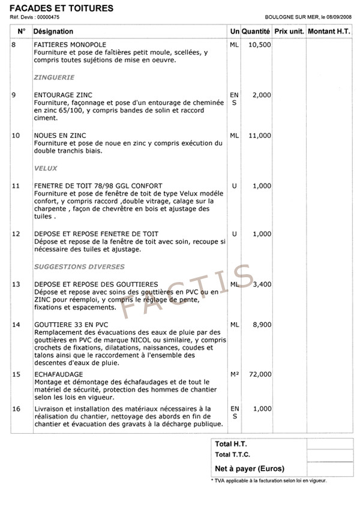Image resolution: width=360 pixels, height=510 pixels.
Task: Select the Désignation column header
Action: (53, 31)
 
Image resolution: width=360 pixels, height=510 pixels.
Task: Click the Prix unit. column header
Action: (289, 31)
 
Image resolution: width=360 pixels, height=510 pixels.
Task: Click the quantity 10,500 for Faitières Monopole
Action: (259, 45)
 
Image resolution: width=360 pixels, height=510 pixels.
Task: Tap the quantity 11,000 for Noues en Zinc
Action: (259, 136)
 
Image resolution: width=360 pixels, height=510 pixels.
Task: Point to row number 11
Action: (16, 186)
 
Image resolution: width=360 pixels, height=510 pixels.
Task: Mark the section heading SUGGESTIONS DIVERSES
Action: (79, 266)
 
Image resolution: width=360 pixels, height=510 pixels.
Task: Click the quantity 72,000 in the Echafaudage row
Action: (259, 374)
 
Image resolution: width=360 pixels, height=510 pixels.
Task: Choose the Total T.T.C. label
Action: (233, 455)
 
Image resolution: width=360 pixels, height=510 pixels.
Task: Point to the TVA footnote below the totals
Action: (269, 481)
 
